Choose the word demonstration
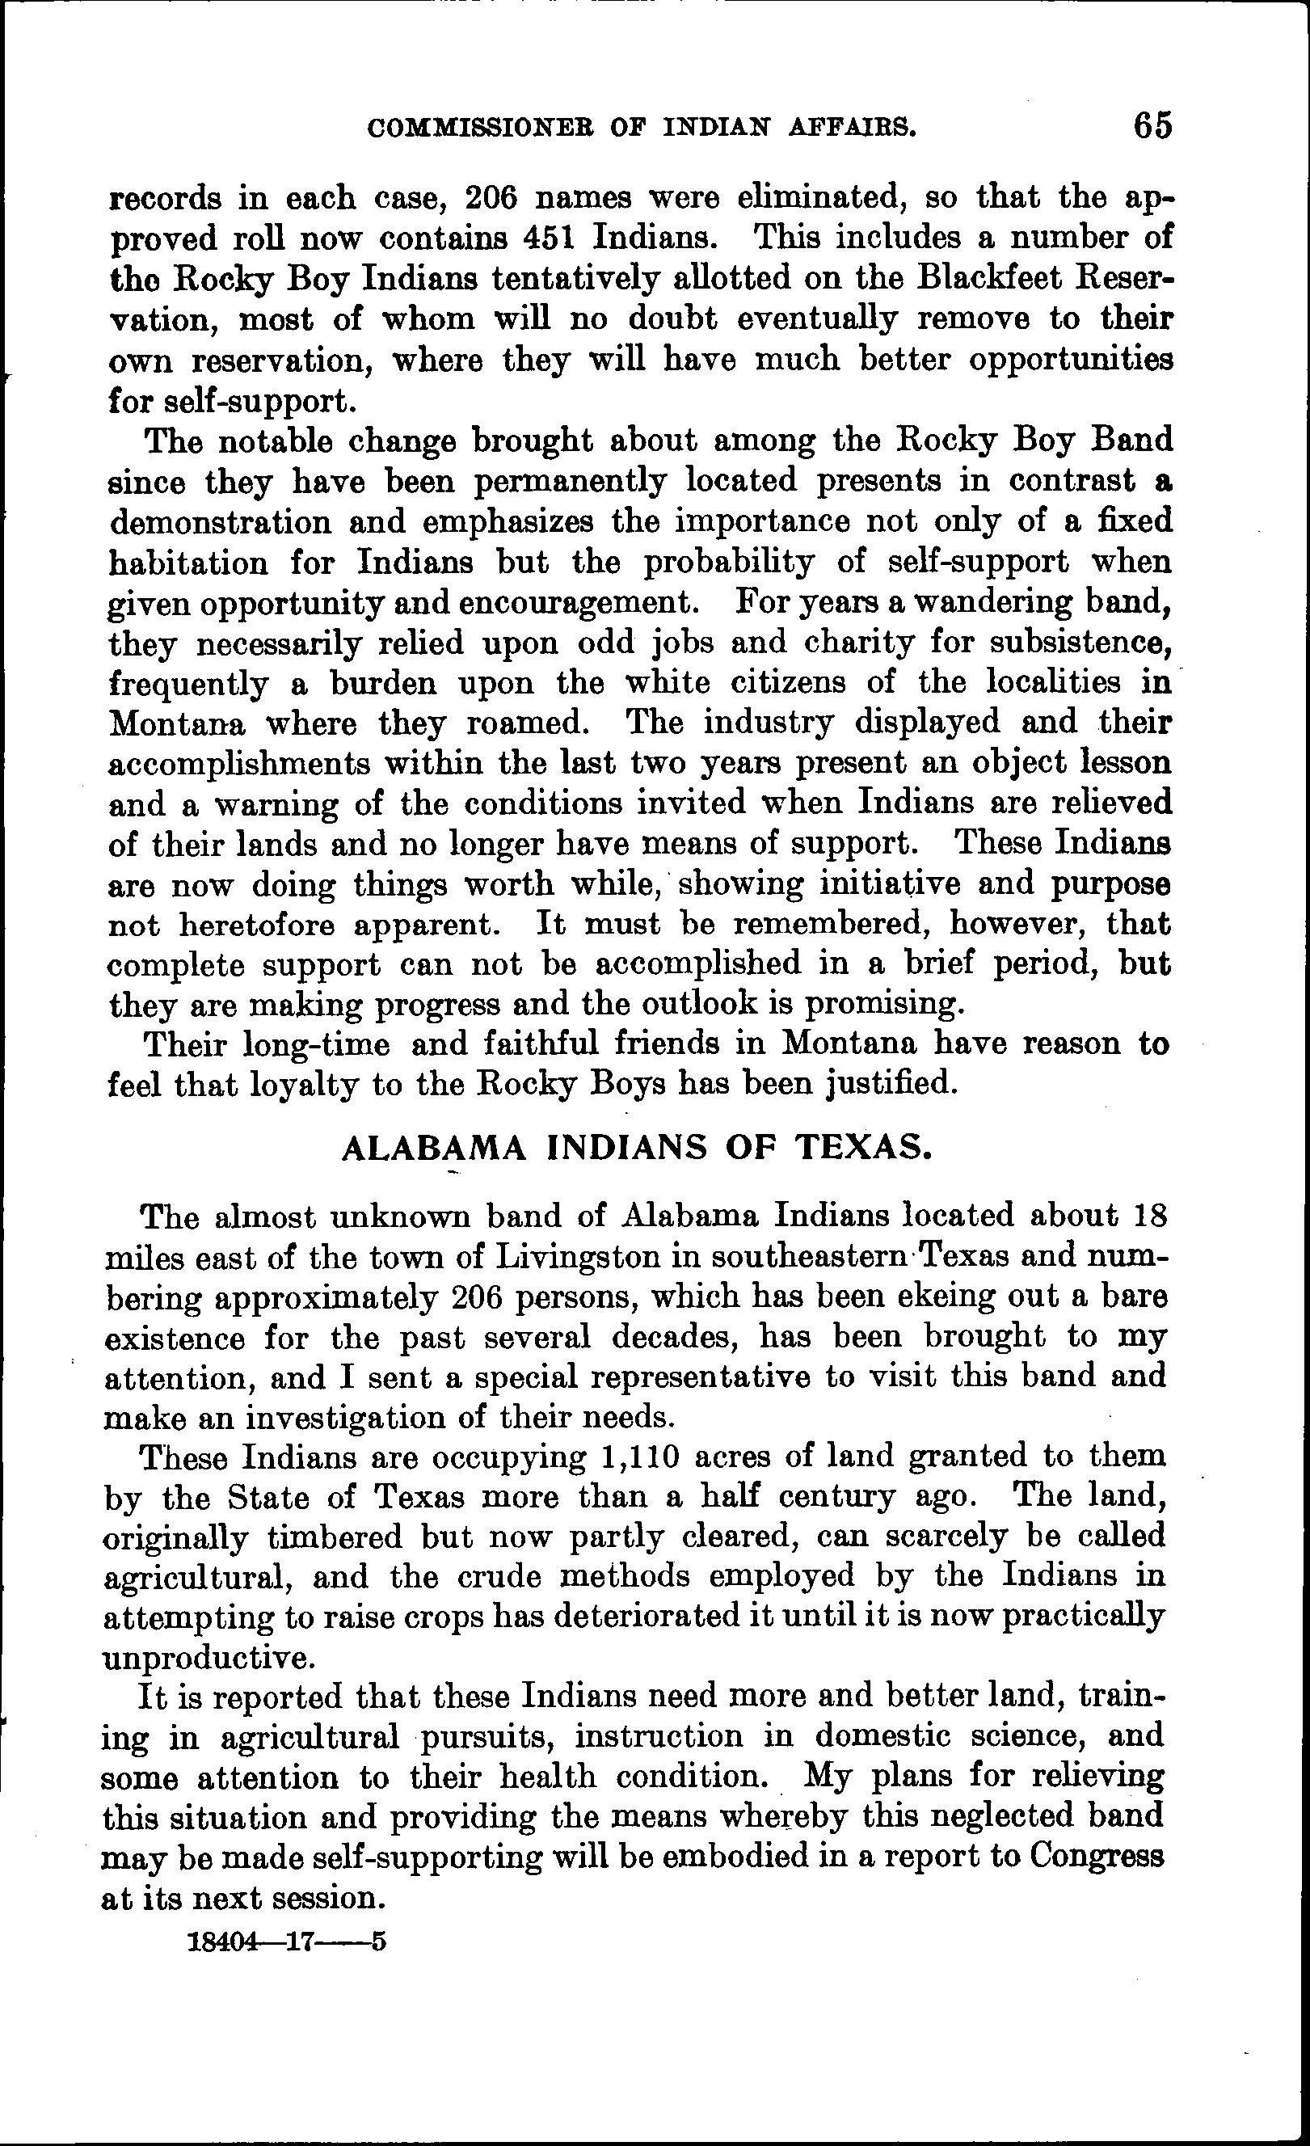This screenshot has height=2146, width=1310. pyautogui.click(x=221, y=523)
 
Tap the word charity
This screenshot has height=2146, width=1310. pyautogui.click(x=858, y=643)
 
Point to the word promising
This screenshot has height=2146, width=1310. pyautogui.click(x=884, y=1005)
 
